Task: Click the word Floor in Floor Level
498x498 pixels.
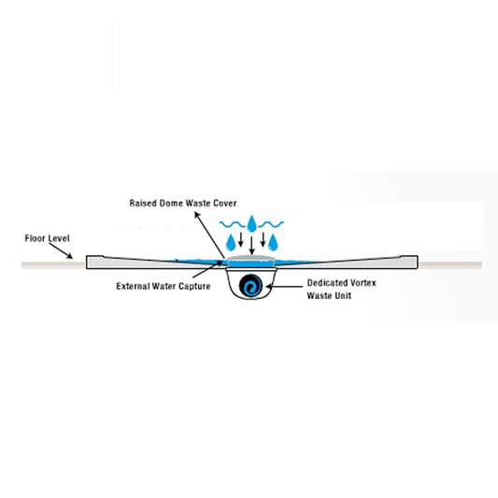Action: (x=36, y=238)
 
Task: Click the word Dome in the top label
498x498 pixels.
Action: (x=171, y=203)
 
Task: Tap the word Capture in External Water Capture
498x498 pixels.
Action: (x=194, y=286)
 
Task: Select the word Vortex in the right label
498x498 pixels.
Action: (x=361, y=283)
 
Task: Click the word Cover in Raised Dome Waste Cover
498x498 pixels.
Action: (x=224, y=203)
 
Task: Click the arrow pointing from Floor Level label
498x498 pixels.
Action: (x=61, y=251)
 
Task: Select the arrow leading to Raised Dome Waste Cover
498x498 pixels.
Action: (x=210, y=235)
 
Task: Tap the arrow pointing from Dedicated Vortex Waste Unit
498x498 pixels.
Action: (x=284, y=287)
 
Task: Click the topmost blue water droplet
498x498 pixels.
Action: (x=251, y=223)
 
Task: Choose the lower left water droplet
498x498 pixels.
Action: (x=231, y=242)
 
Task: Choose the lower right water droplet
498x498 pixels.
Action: (x=273, y=242)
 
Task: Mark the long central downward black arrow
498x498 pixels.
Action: (x=252, y=246)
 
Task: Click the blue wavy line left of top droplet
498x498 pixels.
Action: (x=233, y=224)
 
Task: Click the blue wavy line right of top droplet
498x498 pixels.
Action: (x=271, y=224)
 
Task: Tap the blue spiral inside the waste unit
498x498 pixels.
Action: (x=251, y=285)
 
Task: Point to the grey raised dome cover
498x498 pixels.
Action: (x=251, y=257)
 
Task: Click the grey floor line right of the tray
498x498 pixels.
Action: (x=450, y=264)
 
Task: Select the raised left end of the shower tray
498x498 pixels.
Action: (x=94, y=262)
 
